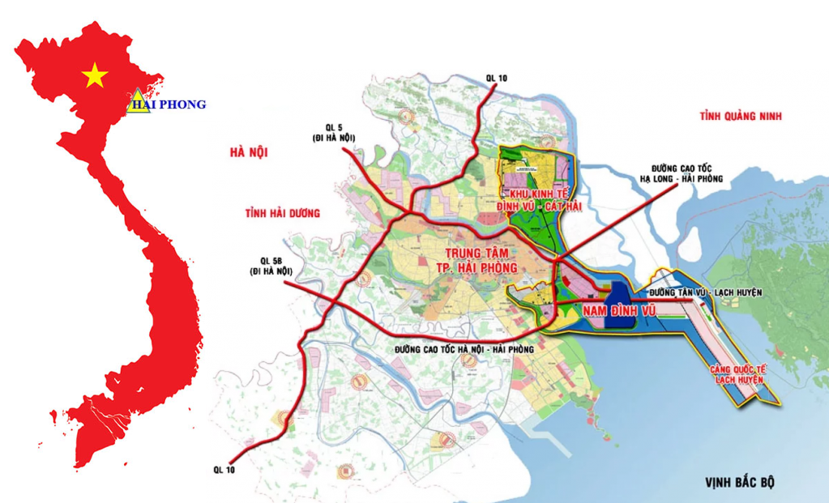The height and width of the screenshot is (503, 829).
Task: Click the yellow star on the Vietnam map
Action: [x=95, y=75]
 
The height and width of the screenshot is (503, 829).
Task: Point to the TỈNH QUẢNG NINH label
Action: [x=741, y=117]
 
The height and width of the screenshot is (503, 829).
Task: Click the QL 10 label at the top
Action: [x=496, y=78]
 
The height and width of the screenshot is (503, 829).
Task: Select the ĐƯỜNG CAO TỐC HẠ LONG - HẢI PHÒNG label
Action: [x=681, y=173]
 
